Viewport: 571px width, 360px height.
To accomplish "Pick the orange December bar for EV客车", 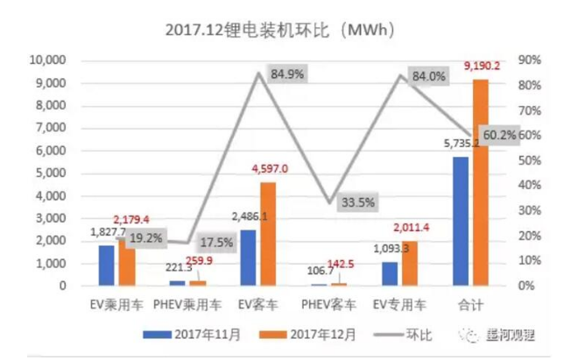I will pyautogui.click(x=268, y=234).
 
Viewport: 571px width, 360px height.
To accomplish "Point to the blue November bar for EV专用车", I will pyautogui.click(x=390, y=273).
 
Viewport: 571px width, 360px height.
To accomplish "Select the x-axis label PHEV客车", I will pyautogui.click(x=328, y=305).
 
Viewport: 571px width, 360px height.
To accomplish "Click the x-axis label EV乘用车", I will pyautogui.click(x=116, y=305).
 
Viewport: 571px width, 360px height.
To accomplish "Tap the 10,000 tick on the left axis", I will pyautogui.click(x=48, y=60).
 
